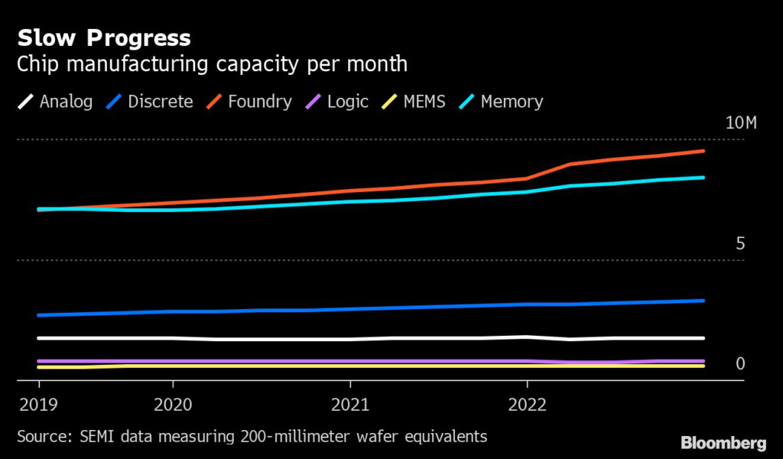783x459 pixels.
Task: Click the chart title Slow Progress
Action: tap(104, 37)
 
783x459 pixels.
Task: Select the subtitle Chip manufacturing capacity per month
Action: tap(212, 63)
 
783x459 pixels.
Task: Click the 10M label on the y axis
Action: tap(740, 124)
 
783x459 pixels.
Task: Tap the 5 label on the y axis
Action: tap(740, 244)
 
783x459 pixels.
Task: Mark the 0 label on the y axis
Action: tap(740, 363)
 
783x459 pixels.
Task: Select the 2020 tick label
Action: tap(173, 403)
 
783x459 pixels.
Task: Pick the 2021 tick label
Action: tap(350, 403)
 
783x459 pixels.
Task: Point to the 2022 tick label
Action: tap(528, 403)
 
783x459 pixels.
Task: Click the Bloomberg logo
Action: tap(723, 443)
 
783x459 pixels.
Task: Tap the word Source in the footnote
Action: tap(41, 437)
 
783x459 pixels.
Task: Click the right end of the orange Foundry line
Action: tap(703, 151)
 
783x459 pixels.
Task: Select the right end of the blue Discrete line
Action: tap(703, 301)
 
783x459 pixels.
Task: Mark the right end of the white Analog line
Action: tap(703, 338)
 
